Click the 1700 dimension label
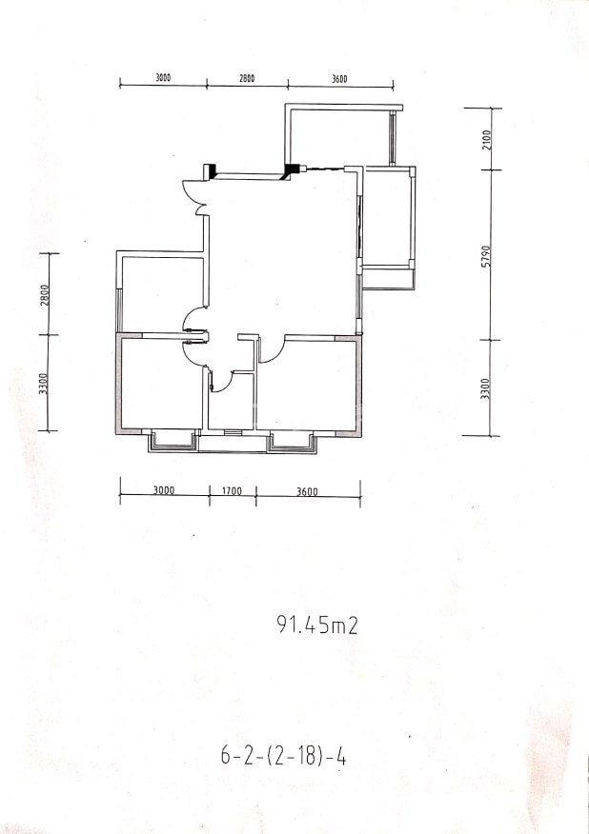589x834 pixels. click(233, 491)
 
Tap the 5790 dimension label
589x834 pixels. click(485, 256)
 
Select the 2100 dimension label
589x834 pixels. click(487, 139)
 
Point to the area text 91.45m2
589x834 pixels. click(317, 625)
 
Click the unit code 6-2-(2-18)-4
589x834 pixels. click(283, 756)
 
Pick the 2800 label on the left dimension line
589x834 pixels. click(45, 295)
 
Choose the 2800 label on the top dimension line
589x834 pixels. click(246, 78)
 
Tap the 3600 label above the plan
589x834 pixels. click(339, 79)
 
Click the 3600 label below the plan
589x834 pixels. click(307, 491)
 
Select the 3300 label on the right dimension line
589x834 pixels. click(484, 388)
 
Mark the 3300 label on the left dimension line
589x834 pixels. click(44, 384)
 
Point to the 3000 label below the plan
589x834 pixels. click(164, 490)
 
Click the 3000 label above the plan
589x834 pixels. click(163, 78)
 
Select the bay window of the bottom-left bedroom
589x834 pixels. click(173, 441)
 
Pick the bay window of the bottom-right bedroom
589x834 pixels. click(292, 442)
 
